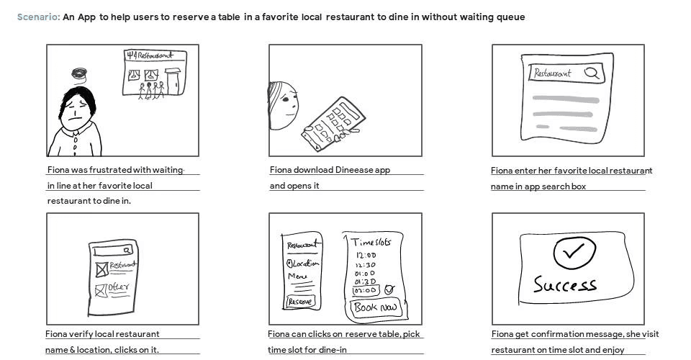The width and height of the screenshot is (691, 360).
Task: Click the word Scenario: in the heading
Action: point(38,17)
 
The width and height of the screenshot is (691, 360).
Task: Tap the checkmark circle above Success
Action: point(574,252)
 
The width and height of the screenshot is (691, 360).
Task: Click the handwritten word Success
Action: point(564,284)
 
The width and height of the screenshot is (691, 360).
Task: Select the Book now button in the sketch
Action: point(374,308)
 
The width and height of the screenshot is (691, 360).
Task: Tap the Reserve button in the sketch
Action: point(300,302)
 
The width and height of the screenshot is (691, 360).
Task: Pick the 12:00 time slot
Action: point(366,255)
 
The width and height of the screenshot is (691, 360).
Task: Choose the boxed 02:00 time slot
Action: point(365,290)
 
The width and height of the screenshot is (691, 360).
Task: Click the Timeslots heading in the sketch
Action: point(371,242)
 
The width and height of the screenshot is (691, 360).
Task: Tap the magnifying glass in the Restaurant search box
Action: point(591,73)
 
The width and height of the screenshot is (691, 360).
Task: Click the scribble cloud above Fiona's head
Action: point(78,73)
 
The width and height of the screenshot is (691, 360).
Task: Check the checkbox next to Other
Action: point(100,290)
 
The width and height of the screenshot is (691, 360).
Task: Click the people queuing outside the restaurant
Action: point(151,91)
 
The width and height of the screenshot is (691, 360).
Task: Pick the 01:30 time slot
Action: point(366,282)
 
